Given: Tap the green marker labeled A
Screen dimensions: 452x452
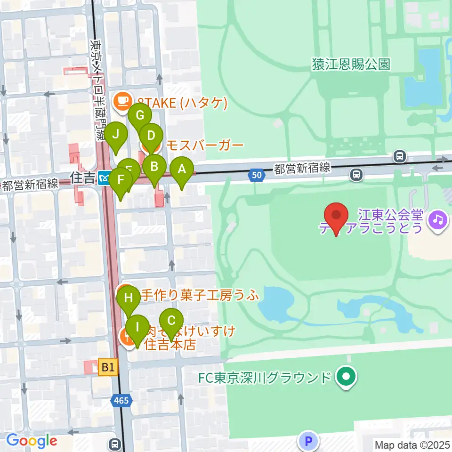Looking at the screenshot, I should point(182,171).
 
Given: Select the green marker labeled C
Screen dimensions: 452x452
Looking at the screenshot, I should point(171,322).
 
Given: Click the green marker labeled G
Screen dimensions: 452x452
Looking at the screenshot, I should point(140,116).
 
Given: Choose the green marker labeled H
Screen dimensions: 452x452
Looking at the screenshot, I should point(129,299).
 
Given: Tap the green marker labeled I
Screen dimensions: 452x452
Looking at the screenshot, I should point(137,328).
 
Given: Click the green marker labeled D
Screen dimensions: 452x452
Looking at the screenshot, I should point(151,137).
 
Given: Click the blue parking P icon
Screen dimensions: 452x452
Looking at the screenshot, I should point(308,441).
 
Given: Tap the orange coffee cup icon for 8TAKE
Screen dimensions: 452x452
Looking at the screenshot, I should point(122,100).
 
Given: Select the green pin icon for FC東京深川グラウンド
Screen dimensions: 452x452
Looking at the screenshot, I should point(347,377).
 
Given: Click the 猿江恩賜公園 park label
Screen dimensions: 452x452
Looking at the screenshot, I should point(351,65).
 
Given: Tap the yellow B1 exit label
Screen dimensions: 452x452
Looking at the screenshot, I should point(107,368).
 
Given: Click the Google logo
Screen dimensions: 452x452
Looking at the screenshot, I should point(32,441).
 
